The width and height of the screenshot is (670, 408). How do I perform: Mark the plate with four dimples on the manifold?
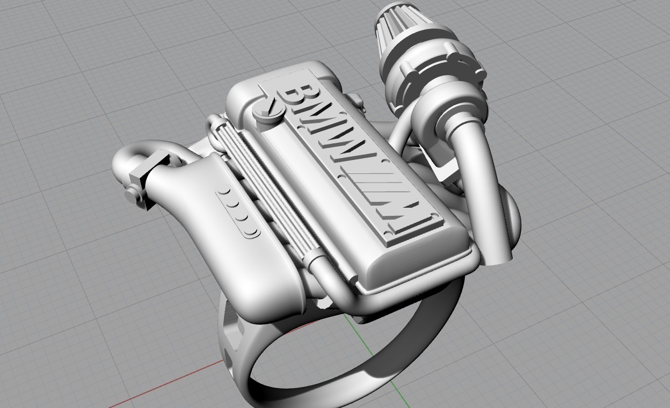click(239, 213)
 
